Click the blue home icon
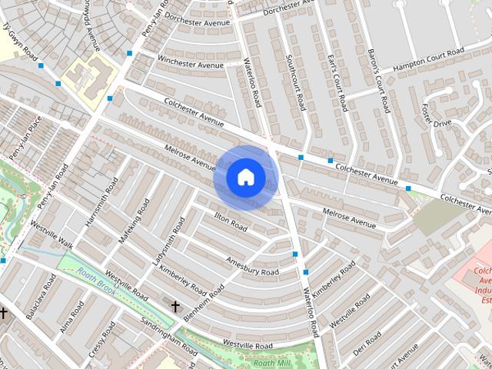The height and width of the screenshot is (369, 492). pos(245,178)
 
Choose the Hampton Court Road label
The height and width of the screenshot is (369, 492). pos(429,61)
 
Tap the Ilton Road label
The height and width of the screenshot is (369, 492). pos(231,222)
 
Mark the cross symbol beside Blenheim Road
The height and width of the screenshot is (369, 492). pos(175,307)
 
